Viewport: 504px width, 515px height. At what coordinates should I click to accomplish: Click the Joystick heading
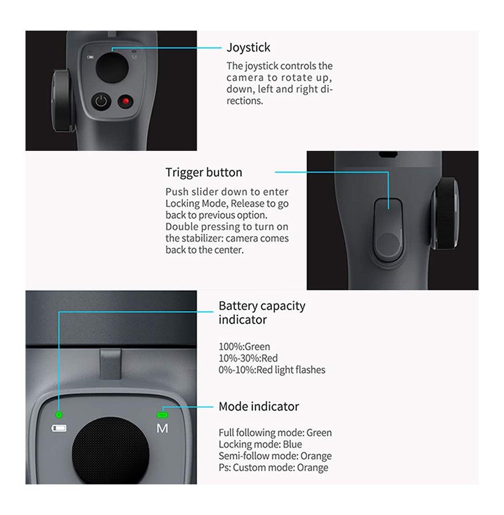tap(248, 48)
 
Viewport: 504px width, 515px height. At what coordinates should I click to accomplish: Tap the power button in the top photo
tap(101, 101)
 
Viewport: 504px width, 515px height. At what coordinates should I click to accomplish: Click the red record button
tap(125, 101)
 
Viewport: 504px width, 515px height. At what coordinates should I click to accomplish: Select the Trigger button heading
tap(204, 172)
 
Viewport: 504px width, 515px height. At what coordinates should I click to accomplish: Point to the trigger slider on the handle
tap(388, 230)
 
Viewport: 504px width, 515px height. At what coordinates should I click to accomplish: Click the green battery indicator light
tap(59, 415)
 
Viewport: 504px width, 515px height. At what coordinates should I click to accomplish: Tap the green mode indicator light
tap(163, 415)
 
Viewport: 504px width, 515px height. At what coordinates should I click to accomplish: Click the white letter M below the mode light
tap(163, 428)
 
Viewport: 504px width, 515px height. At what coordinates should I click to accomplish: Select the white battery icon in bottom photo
tap(59, 428)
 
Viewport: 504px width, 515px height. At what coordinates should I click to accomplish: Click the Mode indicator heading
tap(259, 407)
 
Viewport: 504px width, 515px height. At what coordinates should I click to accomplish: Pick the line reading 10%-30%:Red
tap(248, 358)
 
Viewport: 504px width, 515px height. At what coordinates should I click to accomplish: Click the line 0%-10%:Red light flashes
tap(272, 370)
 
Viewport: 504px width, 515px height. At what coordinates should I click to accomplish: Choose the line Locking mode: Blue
tap(260, 444)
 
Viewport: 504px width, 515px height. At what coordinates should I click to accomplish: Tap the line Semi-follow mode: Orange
tap(275, 456)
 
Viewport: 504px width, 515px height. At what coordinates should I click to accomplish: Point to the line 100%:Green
tap(244, 347)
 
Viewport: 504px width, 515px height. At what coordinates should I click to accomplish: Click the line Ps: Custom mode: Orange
tap(274, 467)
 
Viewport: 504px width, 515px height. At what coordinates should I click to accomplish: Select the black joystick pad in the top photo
tap(112, 67)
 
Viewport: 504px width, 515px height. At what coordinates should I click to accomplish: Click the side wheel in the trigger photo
tap(445, 213)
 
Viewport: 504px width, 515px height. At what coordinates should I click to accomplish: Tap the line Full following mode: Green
tap(275, 433)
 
